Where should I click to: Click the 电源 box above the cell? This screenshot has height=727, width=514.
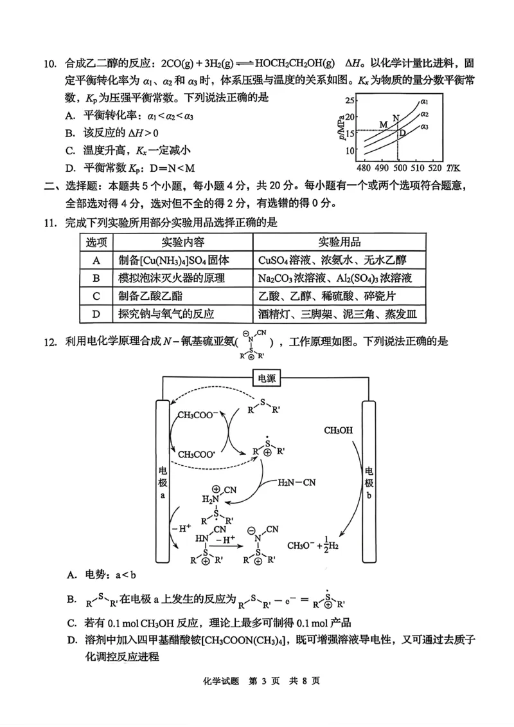pyautogui.click(x=266, y=378)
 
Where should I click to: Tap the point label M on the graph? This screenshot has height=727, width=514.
pyautogui.click(x=384, y=125)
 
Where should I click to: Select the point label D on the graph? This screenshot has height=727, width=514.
pyautogui.click(x=403, y=133)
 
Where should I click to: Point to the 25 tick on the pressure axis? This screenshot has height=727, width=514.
pyautogui.click(x=350, y=100)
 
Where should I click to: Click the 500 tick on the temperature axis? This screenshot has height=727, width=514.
pyautogui.click(x=399, y=169)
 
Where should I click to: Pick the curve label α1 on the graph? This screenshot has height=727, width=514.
pyautogui.click(x=425, y=102)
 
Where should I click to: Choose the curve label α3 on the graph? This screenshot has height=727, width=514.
pyautogui.click(x=425, y=127)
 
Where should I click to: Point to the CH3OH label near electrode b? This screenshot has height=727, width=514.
pyautogui.click(x=338, y=430)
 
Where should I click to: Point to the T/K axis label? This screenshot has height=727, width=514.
pyautogui.click(x=454, y=169)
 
